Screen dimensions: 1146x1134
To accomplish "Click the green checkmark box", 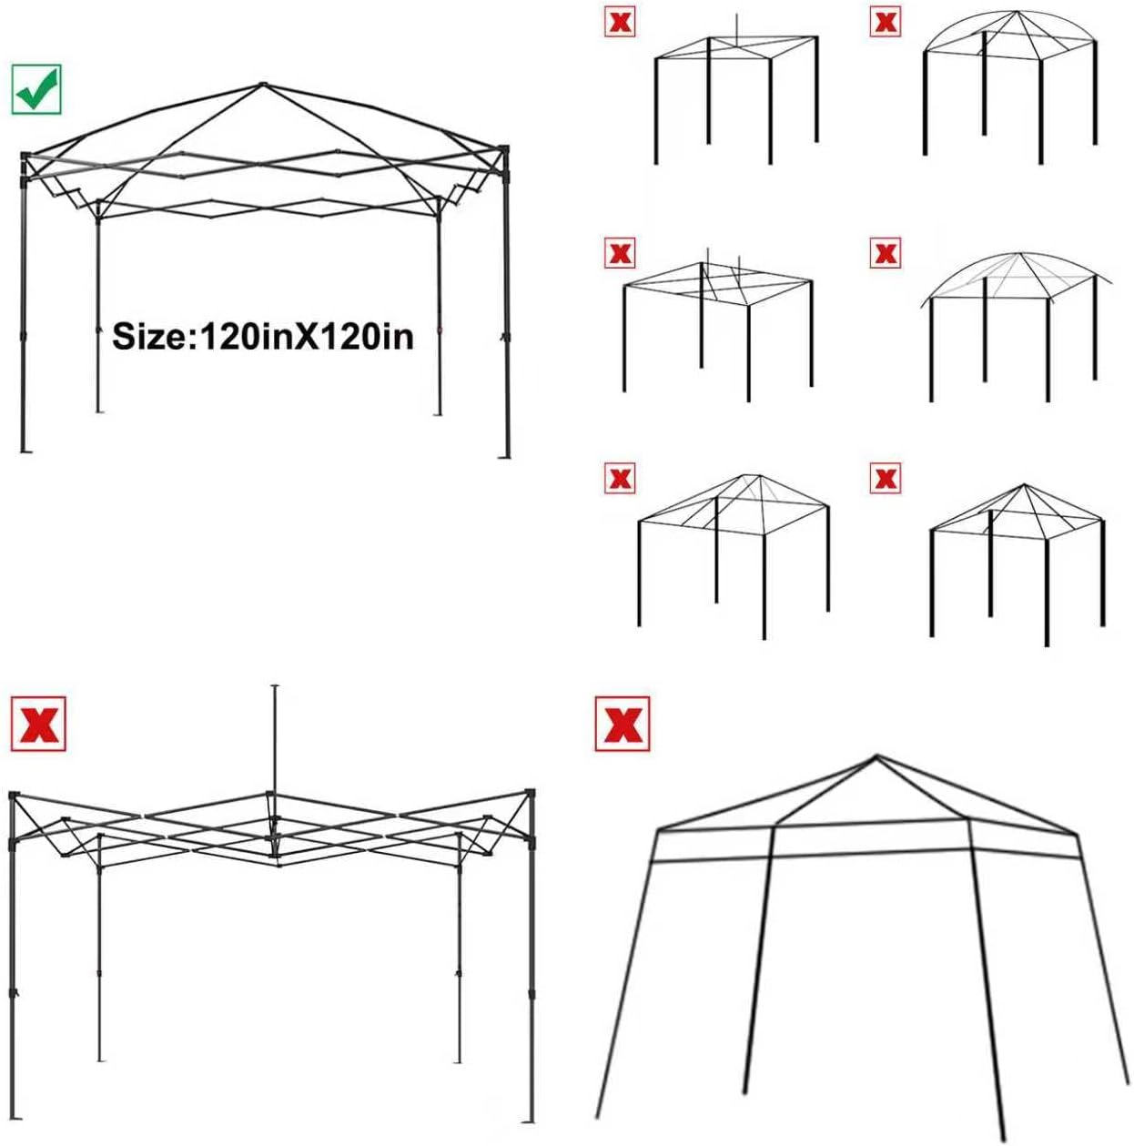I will [x=36, y=89].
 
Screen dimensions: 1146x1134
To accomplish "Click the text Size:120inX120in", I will [x=262, y=337].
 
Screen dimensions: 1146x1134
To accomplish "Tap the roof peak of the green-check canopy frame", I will [x=261, y=86].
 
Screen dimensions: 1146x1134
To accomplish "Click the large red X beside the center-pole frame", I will [x=38, y=725].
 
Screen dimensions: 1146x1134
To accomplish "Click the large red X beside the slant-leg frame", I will [x=622, y=724].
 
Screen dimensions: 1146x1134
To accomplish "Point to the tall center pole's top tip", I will [x=275, y=686].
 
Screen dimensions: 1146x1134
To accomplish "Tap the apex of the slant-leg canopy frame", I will [x=876, y=756].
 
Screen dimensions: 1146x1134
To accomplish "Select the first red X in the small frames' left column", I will [x=619, y=22].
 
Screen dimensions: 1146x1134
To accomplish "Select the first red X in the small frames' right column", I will [x=885, y=22].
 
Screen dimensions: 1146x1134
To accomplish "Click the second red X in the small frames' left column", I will [x=619, y=252].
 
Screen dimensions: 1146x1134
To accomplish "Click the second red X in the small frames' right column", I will [x=885, y=252].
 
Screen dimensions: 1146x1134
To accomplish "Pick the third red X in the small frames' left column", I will [x=619, y=477].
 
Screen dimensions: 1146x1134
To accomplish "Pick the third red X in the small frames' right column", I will [x=885, y=477].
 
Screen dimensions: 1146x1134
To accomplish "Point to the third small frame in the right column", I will [x=1018, y=560].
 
